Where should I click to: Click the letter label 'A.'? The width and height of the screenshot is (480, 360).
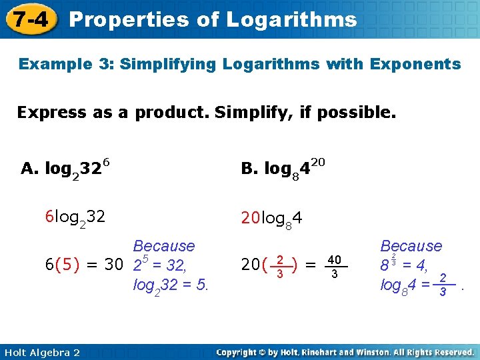click(30, 169)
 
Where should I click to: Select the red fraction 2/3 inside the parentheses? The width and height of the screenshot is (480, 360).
click(281, 266)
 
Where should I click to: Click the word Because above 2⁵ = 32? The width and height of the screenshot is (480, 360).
click(164, 246)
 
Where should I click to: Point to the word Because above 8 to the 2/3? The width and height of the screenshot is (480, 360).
click(411, 246)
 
